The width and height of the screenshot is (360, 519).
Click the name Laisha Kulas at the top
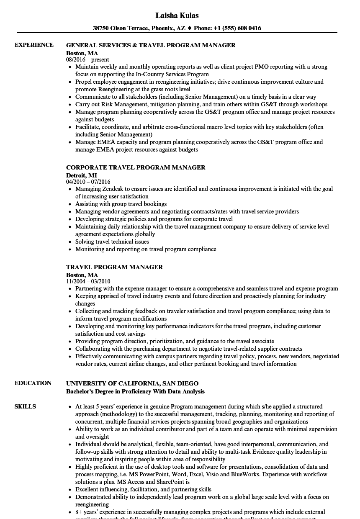(x=177, y=15)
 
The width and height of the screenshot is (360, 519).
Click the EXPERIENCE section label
(x=34, y=45)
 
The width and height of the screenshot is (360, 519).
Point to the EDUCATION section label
(x=33, y=383)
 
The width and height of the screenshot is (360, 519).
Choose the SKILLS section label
(x=25, y=406)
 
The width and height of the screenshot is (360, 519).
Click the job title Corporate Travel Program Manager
(x=136, y=167)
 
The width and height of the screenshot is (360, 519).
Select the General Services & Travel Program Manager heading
(x=151, y=45)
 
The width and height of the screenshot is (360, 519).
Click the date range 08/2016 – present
(x=87, y=60)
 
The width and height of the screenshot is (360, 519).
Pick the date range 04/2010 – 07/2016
(x=88, y=182)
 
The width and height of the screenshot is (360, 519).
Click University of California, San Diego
(x=132, y=383)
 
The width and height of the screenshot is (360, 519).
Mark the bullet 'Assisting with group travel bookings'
(x=121, y=204)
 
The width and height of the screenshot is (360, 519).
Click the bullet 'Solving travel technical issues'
(x=112, y=242)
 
